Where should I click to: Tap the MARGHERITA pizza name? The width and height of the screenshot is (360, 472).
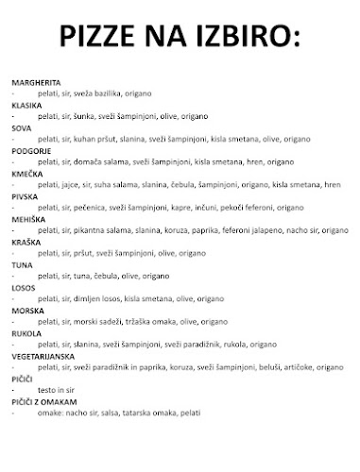point(35,83)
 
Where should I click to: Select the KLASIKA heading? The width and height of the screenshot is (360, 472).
point(26,105)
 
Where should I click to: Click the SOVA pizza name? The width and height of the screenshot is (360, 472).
point(22,126)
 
